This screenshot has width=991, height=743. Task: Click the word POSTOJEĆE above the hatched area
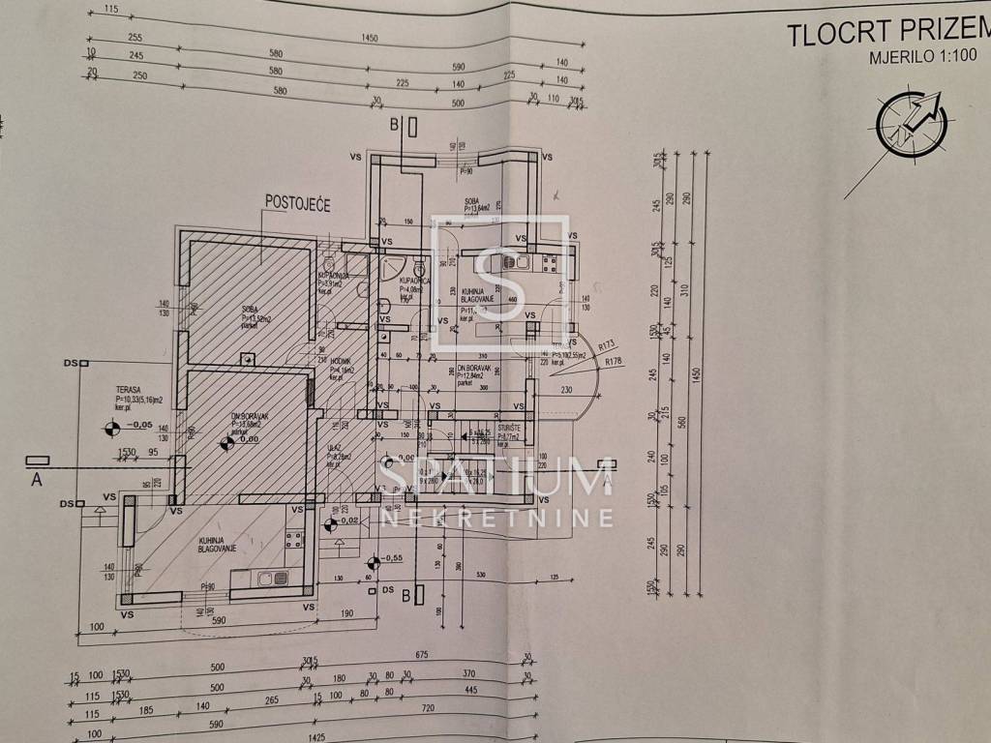(297, 204)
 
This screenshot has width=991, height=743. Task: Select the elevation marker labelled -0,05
(119, 425)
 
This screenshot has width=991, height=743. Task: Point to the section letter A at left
(37, 477)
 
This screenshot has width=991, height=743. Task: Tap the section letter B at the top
(395, 125)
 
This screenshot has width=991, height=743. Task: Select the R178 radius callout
(612, 362)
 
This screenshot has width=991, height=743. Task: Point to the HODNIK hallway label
(342, 359)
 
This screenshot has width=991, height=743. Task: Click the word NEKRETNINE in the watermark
(497, 518)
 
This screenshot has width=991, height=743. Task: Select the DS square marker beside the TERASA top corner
(85, 364)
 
